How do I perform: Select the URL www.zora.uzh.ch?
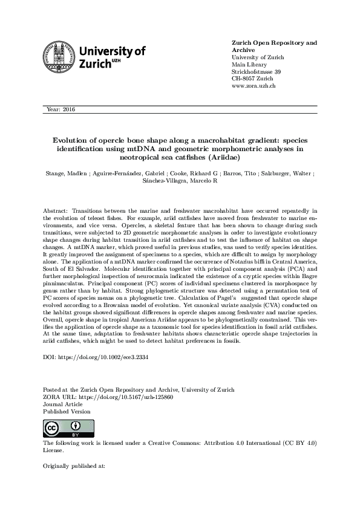coord(254,86)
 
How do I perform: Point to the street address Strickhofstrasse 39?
coord(257,72)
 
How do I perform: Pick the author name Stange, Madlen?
coord(65,173)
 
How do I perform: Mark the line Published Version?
coord(67,411)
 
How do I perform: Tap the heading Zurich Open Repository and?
coord(274,43)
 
